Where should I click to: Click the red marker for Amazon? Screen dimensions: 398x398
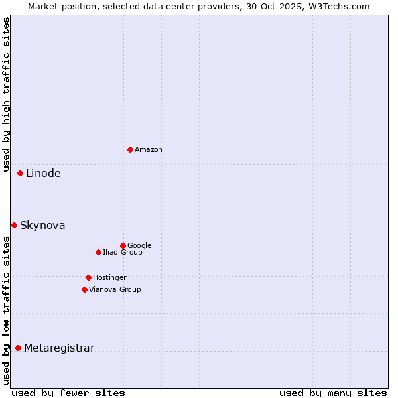(130, 149)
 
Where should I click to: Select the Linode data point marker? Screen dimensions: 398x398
(20, 173)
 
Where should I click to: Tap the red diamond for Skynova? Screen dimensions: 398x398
(14, 225)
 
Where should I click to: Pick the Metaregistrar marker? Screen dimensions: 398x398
(18, 348)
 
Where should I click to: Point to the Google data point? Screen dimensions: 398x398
(123, 245)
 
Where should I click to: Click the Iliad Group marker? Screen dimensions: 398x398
(98, 252)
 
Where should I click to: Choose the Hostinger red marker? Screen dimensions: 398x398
(88, 277)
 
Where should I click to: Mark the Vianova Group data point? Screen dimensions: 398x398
(84, 289)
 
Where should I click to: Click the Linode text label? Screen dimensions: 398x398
(43, 174)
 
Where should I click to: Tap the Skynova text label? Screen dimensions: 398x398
(42, 226)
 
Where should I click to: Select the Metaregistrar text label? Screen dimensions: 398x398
(59, 348)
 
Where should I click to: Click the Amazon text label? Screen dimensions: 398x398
(149, 150)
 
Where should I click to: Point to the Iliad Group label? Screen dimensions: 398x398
(123, 253)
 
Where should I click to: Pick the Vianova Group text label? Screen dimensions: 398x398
(115, 290)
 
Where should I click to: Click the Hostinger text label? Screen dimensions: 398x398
(109, 278)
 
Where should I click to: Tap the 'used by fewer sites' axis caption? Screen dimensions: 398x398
(68, 393)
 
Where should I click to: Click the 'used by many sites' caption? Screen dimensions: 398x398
(333, 393)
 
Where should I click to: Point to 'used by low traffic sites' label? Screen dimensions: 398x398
(7, 310)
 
